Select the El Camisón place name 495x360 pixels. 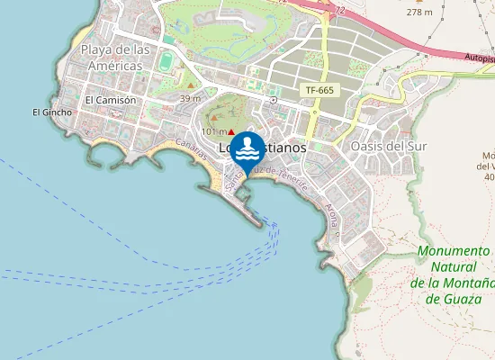110,100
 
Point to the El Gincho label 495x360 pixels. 46,112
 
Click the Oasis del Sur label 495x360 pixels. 386,147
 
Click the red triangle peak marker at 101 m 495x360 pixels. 231,131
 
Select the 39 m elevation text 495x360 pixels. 190,98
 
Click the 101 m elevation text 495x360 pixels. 213,131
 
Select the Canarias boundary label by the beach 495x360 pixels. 193,149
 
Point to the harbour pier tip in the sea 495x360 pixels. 262,223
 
